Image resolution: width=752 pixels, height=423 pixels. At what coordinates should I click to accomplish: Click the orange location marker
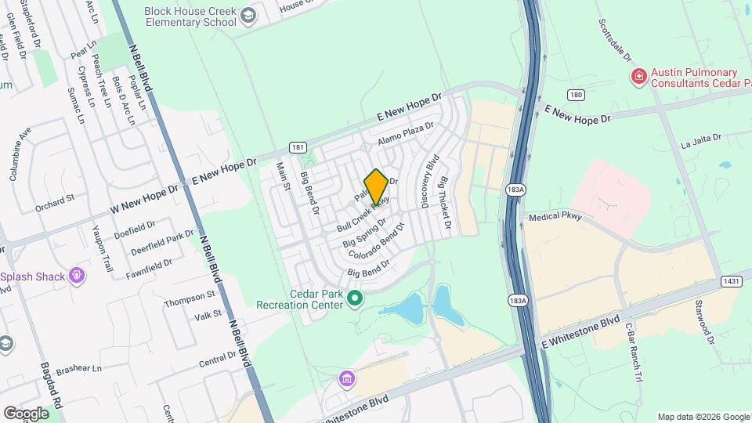tap(377, 186)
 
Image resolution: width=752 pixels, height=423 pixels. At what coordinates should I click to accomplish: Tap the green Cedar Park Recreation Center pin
tap(355, 298)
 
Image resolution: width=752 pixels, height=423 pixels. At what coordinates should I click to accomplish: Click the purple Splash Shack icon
tap(76, 275)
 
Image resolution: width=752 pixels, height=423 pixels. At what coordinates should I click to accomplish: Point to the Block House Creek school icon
tap(248, 16)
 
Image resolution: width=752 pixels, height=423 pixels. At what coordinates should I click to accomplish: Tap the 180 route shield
tap(577, 96)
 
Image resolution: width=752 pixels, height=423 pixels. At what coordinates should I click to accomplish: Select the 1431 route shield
tap(730, 280)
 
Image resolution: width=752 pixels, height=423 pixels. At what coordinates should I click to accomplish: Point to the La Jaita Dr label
tap(700, 141)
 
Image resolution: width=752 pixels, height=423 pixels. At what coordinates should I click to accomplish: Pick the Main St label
tap(284, 176)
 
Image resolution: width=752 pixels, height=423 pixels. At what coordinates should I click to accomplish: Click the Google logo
tap(26, 413)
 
